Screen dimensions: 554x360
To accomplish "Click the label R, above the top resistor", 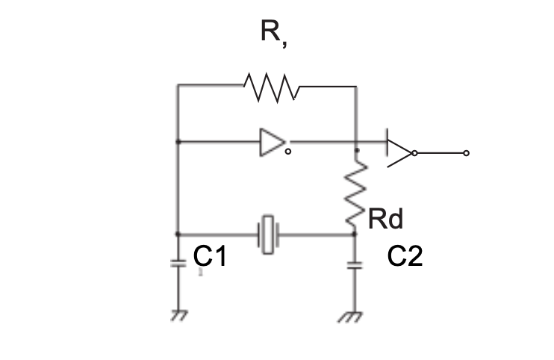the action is coord(274,34).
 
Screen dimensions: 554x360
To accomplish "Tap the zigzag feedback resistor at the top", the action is coord(271,87).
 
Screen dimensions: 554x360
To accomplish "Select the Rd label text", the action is coord(385,219).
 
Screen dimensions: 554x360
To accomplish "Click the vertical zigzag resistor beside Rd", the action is coord(356,193).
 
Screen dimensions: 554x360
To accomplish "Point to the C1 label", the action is coord(210,255).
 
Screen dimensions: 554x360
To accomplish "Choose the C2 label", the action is coord(405,256).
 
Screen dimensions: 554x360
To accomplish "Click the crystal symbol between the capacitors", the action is coord(269,235).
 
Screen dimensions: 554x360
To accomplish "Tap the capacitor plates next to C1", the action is coord(178,264).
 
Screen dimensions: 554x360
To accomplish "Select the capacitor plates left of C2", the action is coord(355,265).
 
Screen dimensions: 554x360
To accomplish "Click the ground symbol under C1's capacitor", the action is coord(179,315).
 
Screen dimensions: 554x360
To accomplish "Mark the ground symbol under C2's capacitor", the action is coord(350,317).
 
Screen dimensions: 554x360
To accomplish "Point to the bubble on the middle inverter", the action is coord(288,152).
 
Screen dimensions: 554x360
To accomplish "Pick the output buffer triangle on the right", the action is coord(399,152).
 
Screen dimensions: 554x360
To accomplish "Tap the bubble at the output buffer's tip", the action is coord(415,153).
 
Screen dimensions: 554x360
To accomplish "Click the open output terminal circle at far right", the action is coord(467,153).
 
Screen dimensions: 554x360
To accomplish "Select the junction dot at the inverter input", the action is coord(178,142).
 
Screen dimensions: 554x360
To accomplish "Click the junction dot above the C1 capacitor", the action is coord(178,235).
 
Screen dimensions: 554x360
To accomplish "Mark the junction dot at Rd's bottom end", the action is coord(355,234).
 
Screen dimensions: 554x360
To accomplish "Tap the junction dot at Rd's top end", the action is coord(357,151).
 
